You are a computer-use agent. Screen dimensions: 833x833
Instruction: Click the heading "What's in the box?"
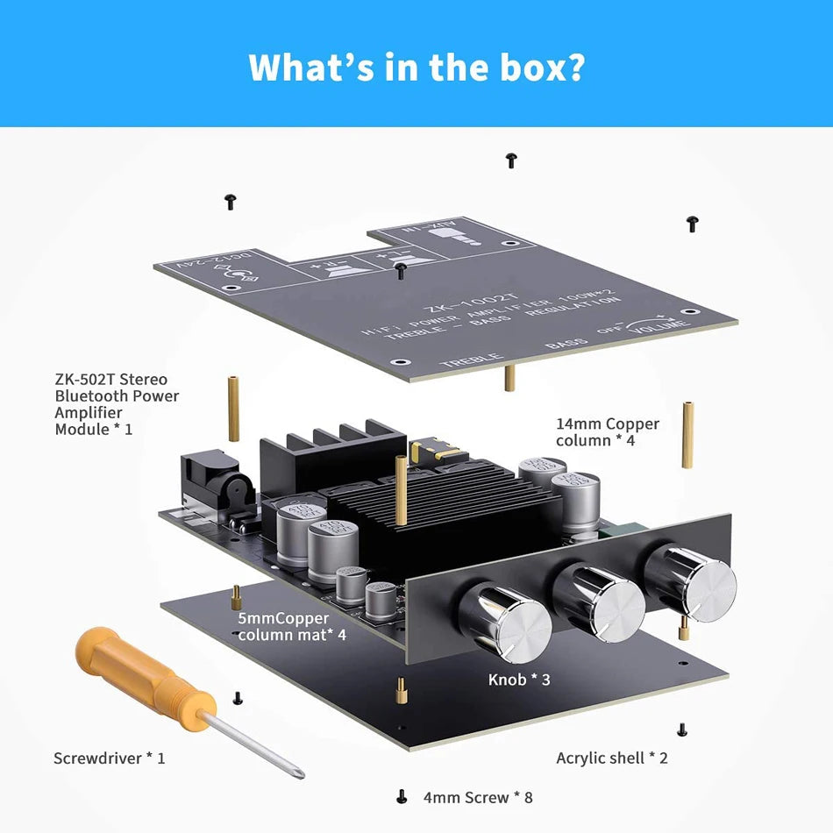click(x=416, y=67)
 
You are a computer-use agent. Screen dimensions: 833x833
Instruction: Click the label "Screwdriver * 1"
click(x=109, y=758)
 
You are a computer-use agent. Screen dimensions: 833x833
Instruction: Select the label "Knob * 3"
click(x=519, y=680)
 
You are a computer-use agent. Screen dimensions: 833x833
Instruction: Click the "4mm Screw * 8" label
click(x=477, y=797)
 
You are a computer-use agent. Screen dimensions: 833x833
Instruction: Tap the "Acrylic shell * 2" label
click(x=612, y=758)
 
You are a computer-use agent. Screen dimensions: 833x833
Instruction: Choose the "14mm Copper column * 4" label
click(x=607, y=432)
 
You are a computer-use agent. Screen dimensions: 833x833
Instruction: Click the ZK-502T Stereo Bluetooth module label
click(x=116, y=404)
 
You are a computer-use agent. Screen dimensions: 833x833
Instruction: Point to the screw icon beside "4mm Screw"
click(x=402, y=797)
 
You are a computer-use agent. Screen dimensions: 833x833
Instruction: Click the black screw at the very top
click(x=511, y=160)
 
